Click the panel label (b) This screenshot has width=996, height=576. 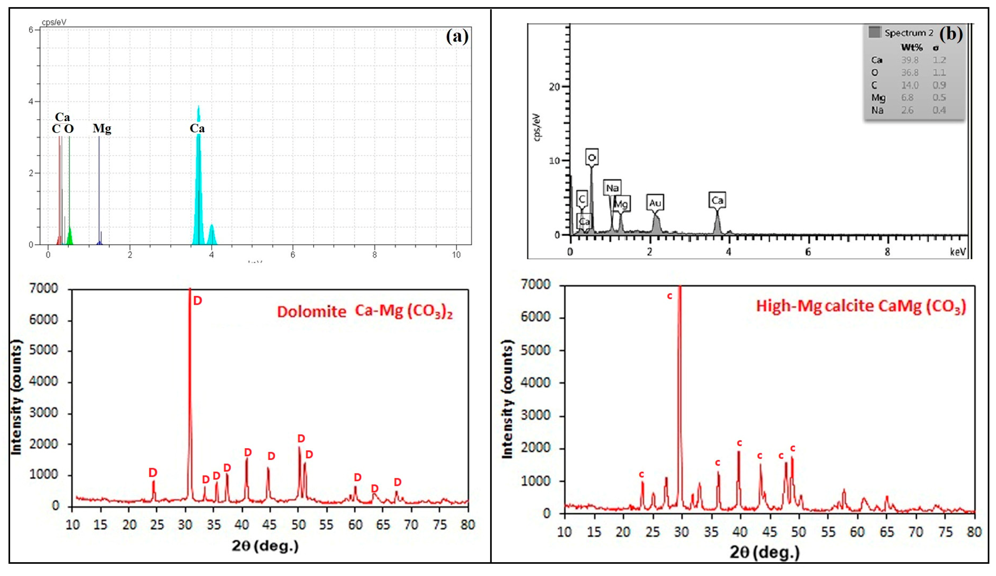[x=951, y=34]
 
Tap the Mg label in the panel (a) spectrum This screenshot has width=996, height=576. [x=102, y=128]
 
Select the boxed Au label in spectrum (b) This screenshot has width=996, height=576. [x=655, y=203]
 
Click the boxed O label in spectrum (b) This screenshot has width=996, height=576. [x=592, y=157]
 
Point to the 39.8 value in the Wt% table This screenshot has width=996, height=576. [x=910, y=60]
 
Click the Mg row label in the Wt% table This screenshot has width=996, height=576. [x=878, y=97]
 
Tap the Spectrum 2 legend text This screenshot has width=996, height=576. [x=909, y=33]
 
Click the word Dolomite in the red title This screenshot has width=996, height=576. [x=312, y=312]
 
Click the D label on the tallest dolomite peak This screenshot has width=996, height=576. [x=197, y=301]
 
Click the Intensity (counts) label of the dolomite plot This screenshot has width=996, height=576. [x=16, y=398]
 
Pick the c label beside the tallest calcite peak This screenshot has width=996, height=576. [x=669, y=296]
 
